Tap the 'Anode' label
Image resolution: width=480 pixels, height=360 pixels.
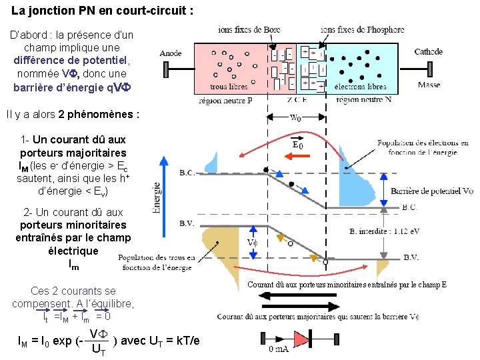click(171, 53)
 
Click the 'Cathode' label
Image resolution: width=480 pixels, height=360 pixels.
click(428, 52)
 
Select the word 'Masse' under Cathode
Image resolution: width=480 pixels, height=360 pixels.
click(429, 85)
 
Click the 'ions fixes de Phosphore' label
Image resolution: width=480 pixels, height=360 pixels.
click(362, 30)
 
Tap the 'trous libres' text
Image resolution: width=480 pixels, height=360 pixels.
click(229, 87)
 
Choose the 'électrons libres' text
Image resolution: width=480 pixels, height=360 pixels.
click(360, 87)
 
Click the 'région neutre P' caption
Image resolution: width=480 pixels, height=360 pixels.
click(226, 100)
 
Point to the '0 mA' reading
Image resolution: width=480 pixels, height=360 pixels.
click(279, 349)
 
